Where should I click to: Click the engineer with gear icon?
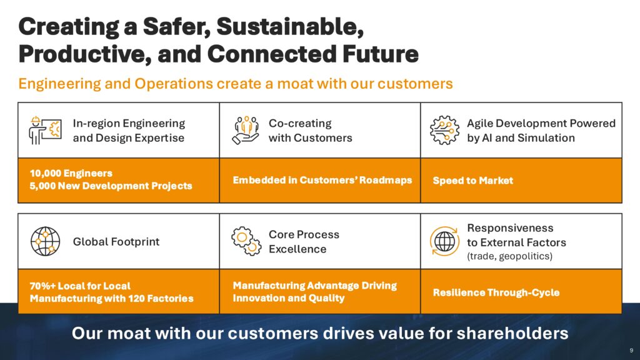[x=45, y=130]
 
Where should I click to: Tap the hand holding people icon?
[x=245, y=130]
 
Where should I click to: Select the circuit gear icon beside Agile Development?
[x=444, y=130]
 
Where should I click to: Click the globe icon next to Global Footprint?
[x=45, y=241]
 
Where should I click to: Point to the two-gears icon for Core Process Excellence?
[x=246, y=241]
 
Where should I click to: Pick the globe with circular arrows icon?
[x=444, y=241]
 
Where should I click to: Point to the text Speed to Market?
[x=472, y=181]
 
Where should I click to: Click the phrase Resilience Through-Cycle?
[x=496, y=292]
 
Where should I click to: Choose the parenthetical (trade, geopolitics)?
[x=510, y=256]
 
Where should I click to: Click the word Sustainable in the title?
[x=290, y=27]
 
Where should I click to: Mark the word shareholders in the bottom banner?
[x=512, y=334]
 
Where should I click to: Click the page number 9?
[x=631, y=351]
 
